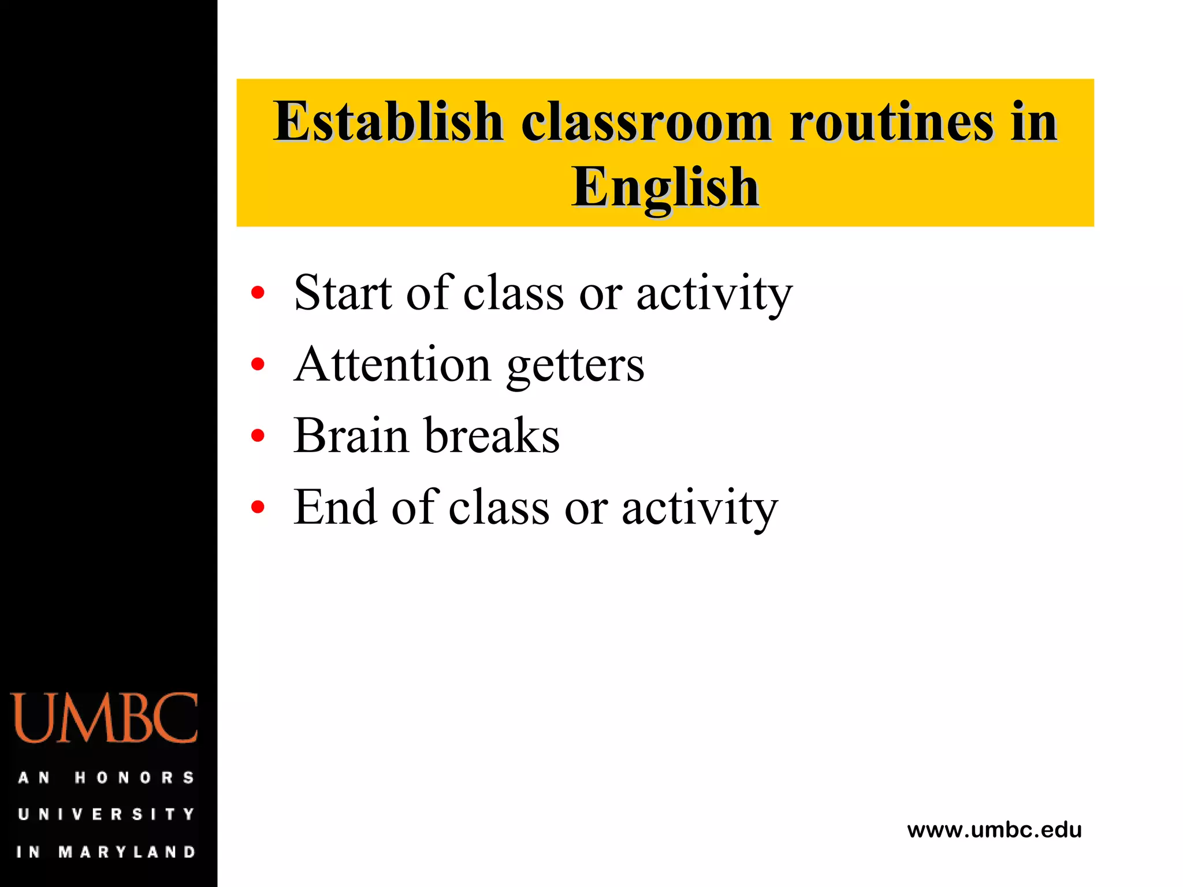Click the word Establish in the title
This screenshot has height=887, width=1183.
click(x=388, y=122)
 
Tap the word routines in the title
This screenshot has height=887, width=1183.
click(x=891, y=122)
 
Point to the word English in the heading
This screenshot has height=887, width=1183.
click(x=665, y=187)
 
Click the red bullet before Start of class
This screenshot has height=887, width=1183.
click(x=258, y=293)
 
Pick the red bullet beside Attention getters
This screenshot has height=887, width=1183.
click(x=258, y=364)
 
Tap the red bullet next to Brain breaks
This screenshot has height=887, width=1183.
click(x=258, y=436)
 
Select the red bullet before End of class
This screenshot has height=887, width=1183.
click(x=258, y=508)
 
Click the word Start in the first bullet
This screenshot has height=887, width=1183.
click(x=343, y=293)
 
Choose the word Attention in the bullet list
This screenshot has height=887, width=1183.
click(x=392, y=364)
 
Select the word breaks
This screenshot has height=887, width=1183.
click(x=492, y=436)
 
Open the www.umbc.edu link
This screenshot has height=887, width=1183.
click(x=994, y=830)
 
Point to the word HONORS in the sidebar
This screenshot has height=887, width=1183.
click(x=134, y=778)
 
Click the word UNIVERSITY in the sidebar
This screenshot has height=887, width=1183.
click(x=106, y=814)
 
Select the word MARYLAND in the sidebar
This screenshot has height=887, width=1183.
click(x=127, y=852)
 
